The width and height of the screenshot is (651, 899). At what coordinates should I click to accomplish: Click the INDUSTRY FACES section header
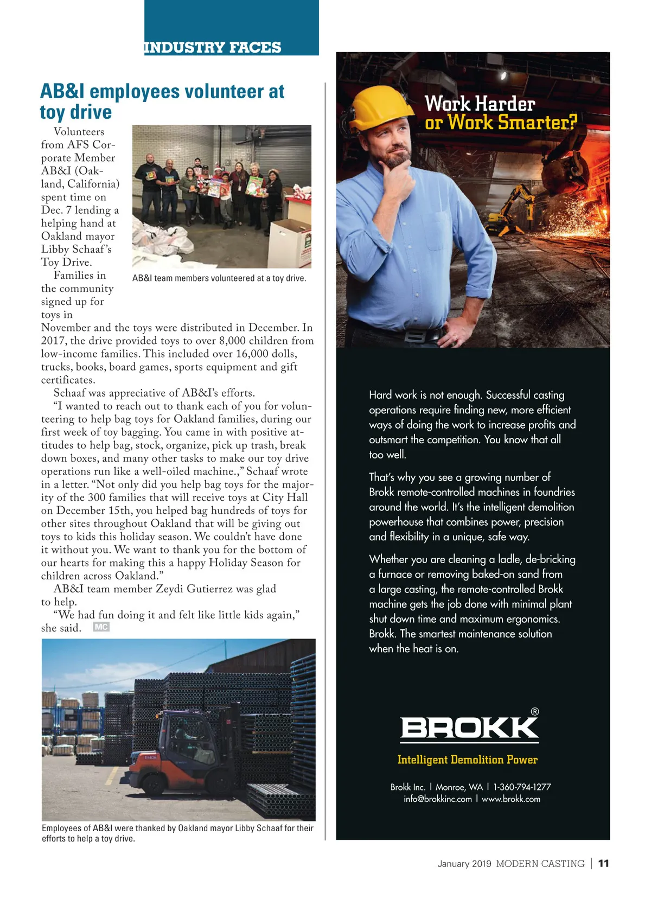coord(213,48)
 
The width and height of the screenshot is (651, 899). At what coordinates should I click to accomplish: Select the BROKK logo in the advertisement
coord(469,728)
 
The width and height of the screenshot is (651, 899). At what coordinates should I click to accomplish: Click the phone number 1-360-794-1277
coord(522,787)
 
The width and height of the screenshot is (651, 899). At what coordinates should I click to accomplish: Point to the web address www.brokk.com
coord(511,799)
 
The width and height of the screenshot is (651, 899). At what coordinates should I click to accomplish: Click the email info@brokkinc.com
coord(438,799)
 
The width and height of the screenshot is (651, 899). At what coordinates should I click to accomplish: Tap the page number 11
coord(603,864)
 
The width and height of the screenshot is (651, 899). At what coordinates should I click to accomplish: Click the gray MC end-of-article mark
coord(101,627)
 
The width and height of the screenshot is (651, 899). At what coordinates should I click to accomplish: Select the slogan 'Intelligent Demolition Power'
coord(467,760)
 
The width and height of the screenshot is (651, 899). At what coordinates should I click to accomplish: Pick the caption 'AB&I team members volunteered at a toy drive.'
coord(219,278)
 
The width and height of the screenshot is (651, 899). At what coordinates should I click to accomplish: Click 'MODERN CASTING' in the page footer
coord(540,864)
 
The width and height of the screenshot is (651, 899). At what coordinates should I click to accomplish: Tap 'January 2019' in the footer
coord(464,864)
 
